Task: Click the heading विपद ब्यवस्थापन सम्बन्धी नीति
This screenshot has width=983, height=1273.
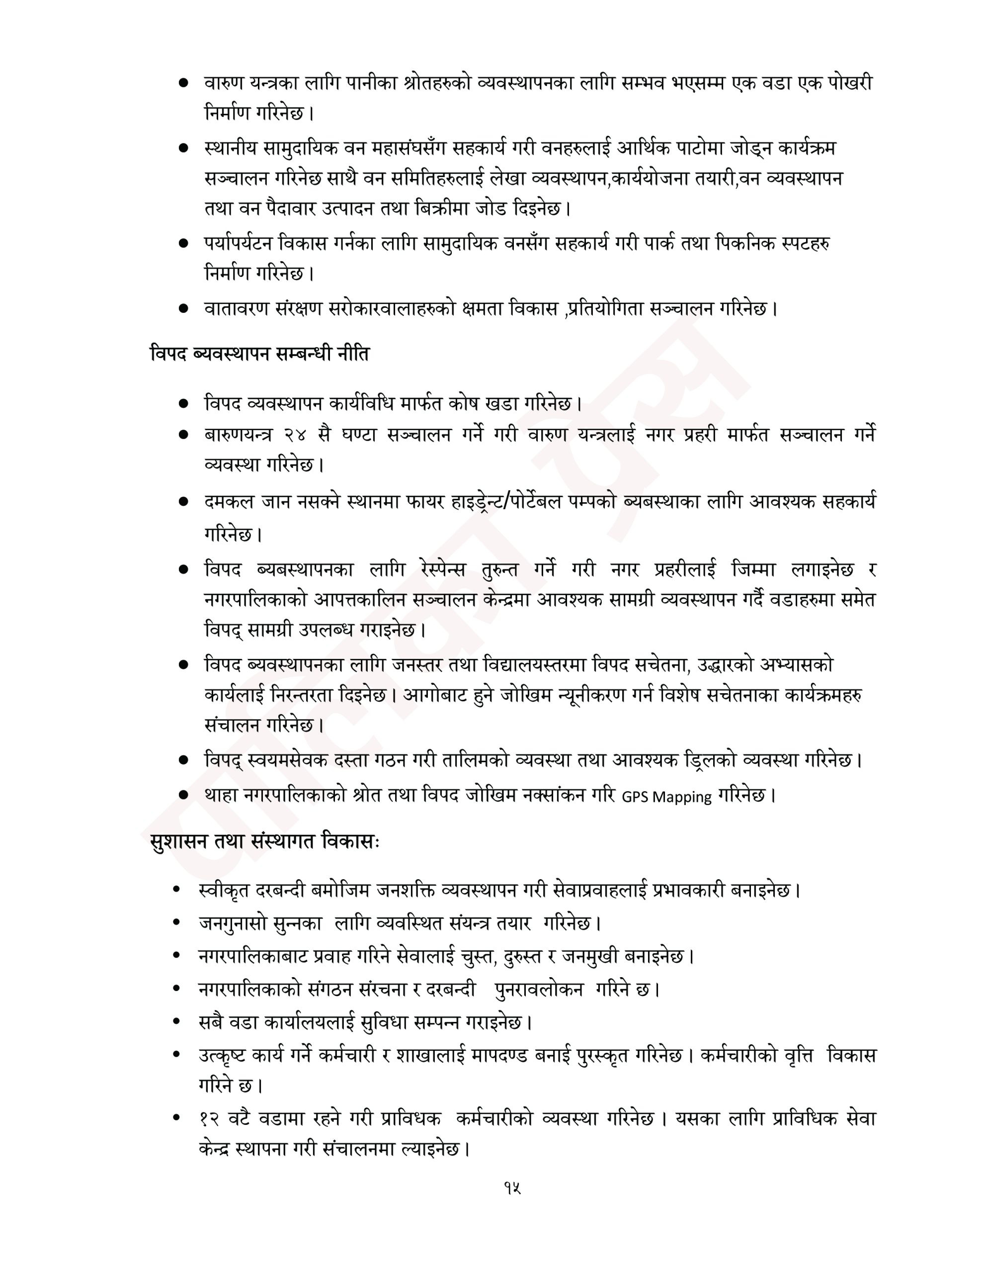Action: (x=259, y=354)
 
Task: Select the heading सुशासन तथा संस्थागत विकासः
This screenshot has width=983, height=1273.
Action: (x=264, y=843)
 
